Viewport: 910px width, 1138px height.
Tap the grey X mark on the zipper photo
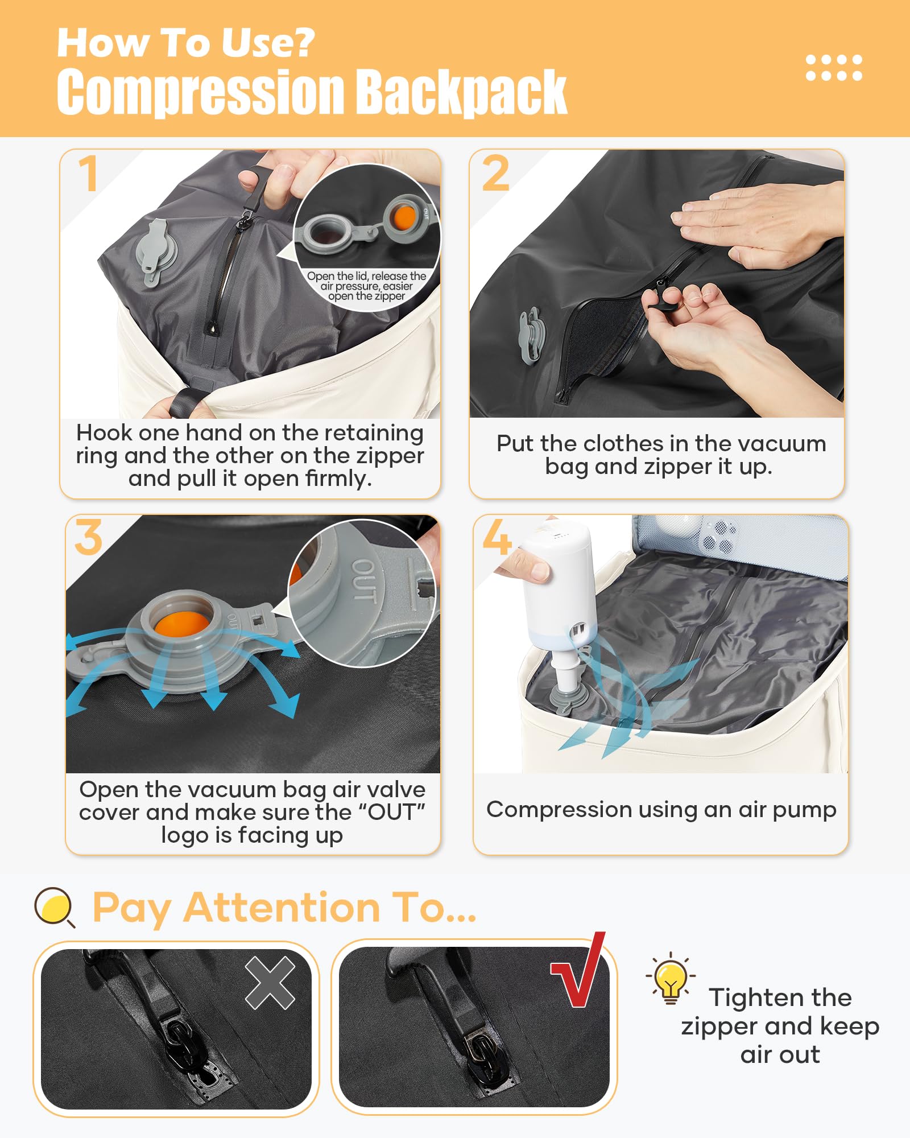pyautogui.click(x=270, y=983)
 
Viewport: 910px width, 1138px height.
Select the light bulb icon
pyautogui.click(x=671, y=979)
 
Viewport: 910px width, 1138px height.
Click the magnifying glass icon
pyautogui.click(x=54, y=906)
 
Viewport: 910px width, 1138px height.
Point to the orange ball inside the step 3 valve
pyautogui.click(x=181, y=624)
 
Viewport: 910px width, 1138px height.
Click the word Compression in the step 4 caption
pyautogui.click(x=559, y=810)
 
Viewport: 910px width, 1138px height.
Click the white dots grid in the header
pyautogui.click(x=834, y=68)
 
